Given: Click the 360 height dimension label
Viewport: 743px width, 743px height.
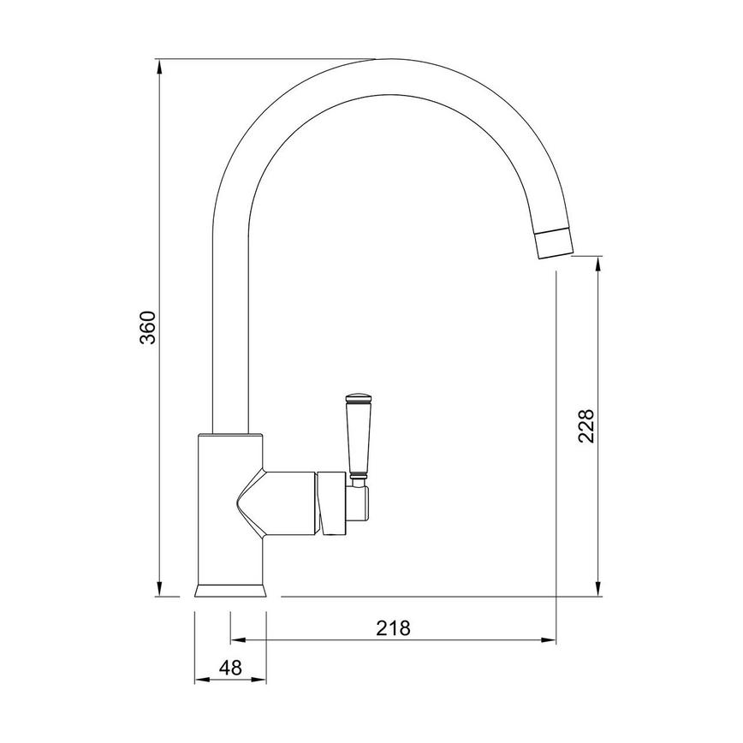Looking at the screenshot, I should tap(148, 327).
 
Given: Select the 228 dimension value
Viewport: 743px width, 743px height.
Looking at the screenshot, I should tap(585, 425).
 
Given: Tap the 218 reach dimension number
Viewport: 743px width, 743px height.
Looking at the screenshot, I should tap(394, 627).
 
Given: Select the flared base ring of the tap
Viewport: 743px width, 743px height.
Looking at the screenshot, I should tap(231, 590).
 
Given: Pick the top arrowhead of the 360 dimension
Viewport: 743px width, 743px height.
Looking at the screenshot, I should tap(160, 65).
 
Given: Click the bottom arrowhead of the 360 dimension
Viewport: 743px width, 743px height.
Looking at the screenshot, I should tap(160, 589).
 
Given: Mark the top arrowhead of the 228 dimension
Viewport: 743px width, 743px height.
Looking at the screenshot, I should tap(597, 264).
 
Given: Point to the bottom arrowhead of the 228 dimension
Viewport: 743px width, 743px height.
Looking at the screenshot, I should tap(597, 589).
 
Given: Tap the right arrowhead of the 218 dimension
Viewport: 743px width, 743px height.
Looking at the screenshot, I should tap(550, 639).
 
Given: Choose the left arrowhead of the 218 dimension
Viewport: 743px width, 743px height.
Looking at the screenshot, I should tap(236, 639).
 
